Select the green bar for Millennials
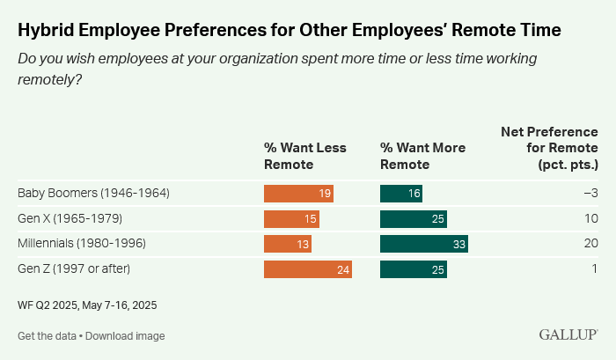pos(423,243)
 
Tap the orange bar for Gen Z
pos(308,268)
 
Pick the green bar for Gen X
pos(414,218)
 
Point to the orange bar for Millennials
pos(288,243)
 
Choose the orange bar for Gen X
pos(291,218)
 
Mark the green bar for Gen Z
pos(414,268)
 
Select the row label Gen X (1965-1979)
pos(71,218)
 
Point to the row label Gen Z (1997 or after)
pos(78,268)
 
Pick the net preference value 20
pos(591,243)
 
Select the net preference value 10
pos(591,218)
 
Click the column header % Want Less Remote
pos(304,156)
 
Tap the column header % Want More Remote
pos(422,156)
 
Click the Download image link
pos(125,336)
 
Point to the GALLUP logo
pos(568,335)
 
